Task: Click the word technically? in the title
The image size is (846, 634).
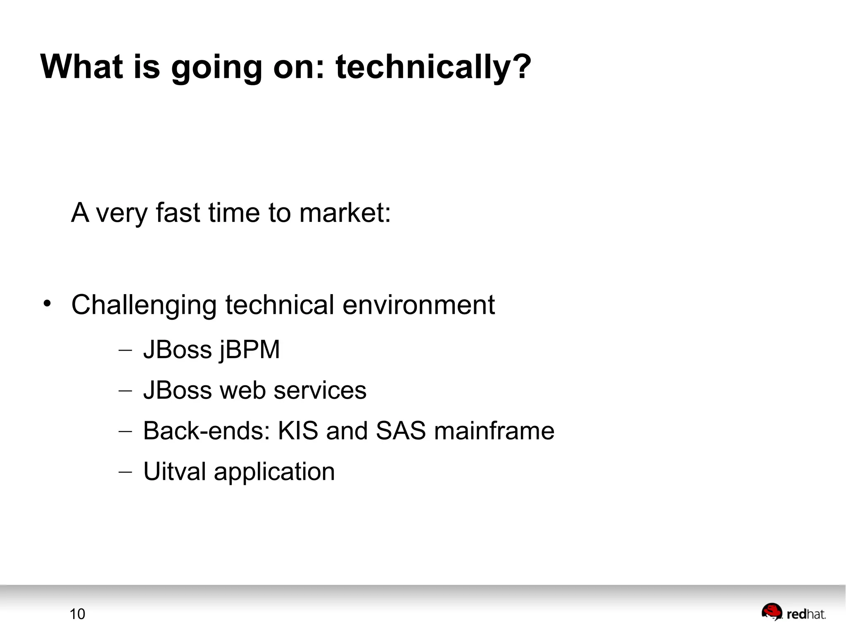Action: pos(433,67)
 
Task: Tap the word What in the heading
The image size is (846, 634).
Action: pos(81,67)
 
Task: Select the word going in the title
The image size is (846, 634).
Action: pos(216,68)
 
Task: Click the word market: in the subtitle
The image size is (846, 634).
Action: pos(345,213)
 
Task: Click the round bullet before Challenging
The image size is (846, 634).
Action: pos(47,304)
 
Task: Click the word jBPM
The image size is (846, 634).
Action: pos(250,350)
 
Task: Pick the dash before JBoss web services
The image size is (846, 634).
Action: pos(125,391)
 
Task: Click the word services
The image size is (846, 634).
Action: pos(320,390)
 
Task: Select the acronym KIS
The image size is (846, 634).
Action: pos(298,431)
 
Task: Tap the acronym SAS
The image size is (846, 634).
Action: pos(400,431)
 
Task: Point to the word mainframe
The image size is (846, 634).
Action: pos(494,431)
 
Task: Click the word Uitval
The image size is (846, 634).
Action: pos(174,471)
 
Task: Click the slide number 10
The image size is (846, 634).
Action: pos(77,614)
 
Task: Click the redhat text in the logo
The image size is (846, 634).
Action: pos(806,615)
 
